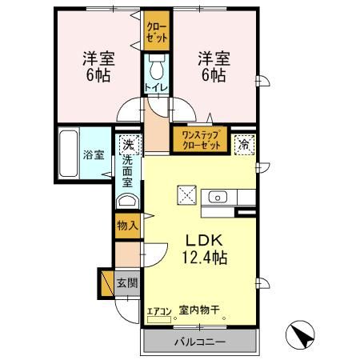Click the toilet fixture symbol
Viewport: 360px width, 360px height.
(157, 63)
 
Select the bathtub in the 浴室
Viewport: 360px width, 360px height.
(69, 154)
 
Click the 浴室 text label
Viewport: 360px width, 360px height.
(94, 154)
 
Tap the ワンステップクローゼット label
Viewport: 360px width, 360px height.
(200, 141)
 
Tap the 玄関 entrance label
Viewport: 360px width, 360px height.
(126, 282)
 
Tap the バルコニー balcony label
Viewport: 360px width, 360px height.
(199, 342)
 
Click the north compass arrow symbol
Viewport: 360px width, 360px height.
(299, 334)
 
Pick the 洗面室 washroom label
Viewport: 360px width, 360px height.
(126, 171)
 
